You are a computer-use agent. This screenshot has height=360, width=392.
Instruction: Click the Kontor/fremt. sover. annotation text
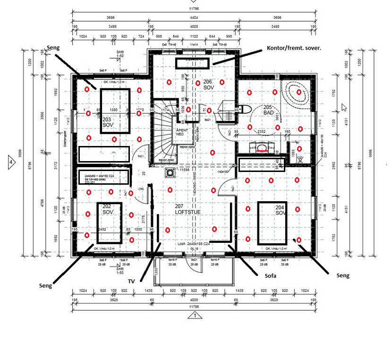click(294, 49)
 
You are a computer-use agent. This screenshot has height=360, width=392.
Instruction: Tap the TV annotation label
click(131, 281)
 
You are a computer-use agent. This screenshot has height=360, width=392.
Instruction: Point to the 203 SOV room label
click(107, 123)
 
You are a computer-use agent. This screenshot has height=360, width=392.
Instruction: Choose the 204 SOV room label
click(281, 210)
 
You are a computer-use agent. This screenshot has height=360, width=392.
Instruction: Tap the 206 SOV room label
click(208, 85)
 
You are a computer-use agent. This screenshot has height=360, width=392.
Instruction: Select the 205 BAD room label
click(269, 110)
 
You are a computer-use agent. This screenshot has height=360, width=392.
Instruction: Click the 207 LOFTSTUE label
click(188, 210)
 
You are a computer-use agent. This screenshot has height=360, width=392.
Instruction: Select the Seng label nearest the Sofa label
click(342, 275)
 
